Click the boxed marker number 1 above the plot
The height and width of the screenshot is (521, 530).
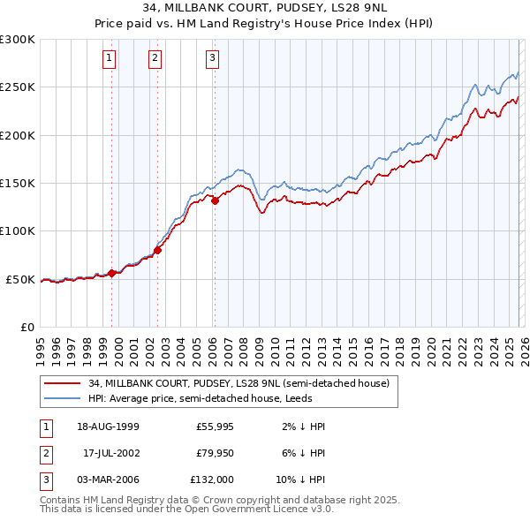click(108, 59)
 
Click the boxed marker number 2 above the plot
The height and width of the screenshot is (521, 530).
click(155, 59)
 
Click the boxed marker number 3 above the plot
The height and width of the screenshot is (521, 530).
click(213, 59)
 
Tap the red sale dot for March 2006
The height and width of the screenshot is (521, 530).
click(215, 200)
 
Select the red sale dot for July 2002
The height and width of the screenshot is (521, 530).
click(158, 250)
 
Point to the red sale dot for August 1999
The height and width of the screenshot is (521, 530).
click(112, 273)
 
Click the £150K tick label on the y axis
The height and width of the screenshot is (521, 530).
click(18, 184)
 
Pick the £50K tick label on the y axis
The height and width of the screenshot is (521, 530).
click(20, 279)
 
